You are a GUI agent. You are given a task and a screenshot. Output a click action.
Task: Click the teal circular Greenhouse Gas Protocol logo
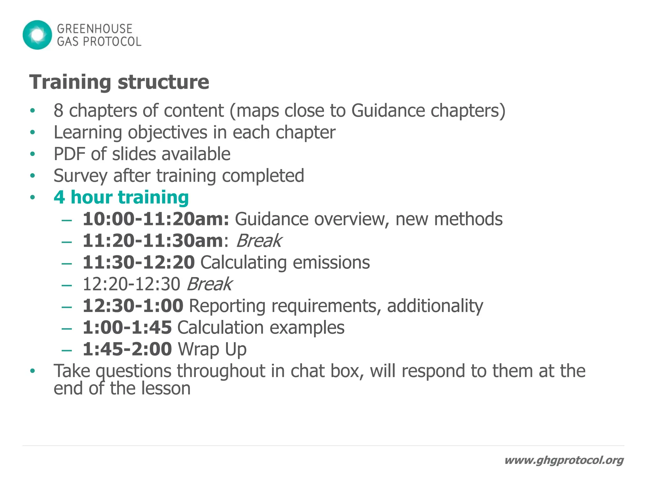click(x=37, y=35)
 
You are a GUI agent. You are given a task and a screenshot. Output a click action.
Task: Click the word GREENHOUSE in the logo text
click(x=95, y=29)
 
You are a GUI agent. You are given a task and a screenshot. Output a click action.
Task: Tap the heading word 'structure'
click(x=163, y=82)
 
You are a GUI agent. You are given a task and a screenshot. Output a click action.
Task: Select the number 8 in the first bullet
click(x=58, y=111)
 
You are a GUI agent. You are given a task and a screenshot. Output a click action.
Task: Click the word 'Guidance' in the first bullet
click(x=388, y=111)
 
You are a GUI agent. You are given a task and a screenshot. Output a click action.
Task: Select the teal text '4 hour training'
click(x=121, y=197)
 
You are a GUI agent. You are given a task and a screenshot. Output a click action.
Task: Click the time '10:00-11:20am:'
click(x=156, y=219)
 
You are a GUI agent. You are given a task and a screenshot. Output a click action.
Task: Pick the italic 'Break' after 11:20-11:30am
click(x=259, y=241)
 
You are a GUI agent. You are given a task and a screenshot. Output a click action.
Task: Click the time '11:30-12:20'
click(x=139, y=262)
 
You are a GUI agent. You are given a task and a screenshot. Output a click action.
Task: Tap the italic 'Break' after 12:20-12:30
click(x=209, y=284)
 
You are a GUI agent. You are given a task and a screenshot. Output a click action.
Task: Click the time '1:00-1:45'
click(x=127, y=328)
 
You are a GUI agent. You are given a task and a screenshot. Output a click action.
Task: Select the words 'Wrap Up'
click(x=212, y=349)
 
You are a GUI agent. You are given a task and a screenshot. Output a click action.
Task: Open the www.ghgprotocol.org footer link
click(x=564, y=460)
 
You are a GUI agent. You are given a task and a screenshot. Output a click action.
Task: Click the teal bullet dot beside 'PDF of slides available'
click(x=32, y=154)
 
